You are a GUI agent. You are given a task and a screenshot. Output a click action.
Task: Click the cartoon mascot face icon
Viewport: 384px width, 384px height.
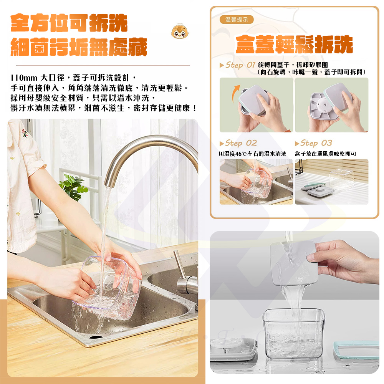click(x=180, y=31)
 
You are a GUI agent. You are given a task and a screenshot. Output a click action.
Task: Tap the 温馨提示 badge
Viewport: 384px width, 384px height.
click(x=236, y=20)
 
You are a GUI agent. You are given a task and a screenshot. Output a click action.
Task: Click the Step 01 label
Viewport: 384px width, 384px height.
click(x=240, y=65)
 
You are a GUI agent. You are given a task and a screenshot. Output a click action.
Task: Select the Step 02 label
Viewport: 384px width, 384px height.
click(x=241, y=143)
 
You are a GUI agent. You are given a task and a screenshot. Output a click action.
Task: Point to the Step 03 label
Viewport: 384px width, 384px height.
click(x=316, y=143)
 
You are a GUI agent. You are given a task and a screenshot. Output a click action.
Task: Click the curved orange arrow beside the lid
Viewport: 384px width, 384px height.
click(x=235, y=93)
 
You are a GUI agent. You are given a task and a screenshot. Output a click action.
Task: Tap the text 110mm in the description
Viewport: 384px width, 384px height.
click(x=24, y=78)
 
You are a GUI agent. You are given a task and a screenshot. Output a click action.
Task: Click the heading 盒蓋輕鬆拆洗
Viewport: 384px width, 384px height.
click(x=294, y=44)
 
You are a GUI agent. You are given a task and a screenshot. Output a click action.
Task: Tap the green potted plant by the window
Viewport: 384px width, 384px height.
click(x=73, y=187)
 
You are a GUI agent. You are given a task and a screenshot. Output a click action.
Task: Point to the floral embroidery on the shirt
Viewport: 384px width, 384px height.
click(x=25, y=133)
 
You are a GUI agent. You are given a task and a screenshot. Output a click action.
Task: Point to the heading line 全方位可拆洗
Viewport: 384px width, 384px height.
click(x=69, y=23)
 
